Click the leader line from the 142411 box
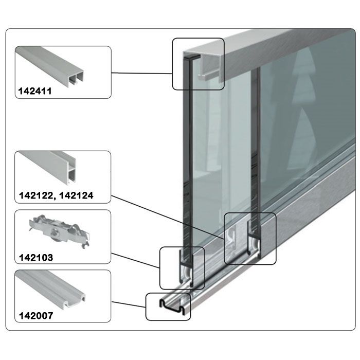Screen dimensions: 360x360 (141, 74)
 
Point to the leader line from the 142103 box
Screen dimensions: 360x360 (136, 261)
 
